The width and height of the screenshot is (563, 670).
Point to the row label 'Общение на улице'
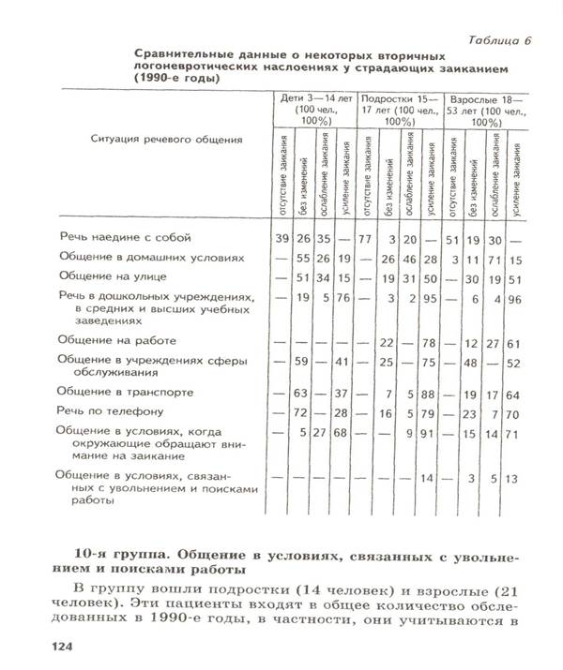[114, 276]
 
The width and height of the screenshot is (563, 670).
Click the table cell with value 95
[430, 299]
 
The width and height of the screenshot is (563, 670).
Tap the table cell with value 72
[302, 411]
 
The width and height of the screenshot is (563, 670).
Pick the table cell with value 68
[343, 433]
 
